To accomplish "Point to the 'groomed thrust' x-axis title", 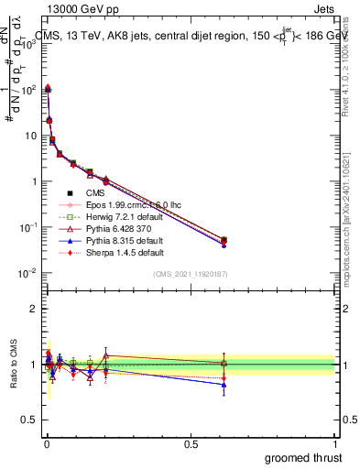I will tap(303, 457).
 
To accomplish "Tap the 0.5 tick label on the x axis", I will tap(191, 443).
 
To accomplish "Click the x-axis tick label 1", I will tap(336, 443).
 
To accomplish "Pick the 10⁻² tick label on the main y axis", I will tap(27, 273).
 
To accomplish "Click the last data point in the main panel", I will tap(224, 240).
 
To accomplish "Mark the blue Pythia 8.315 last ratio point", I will tap(224, 385).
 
